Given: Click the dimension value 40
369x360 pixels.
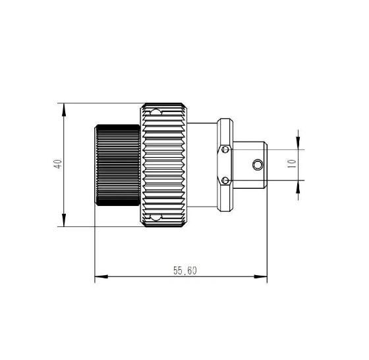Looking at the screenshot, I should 58,164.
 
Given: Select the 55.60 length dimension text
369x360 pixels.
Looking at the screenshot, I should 185,270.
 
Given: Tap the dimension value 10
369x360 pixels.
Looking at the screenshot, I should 291,164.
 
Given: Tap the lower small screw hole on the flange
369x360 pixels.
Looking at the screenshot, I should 226,180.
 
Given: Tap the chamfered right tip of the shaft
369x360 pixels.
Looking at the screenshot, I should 266,165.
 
